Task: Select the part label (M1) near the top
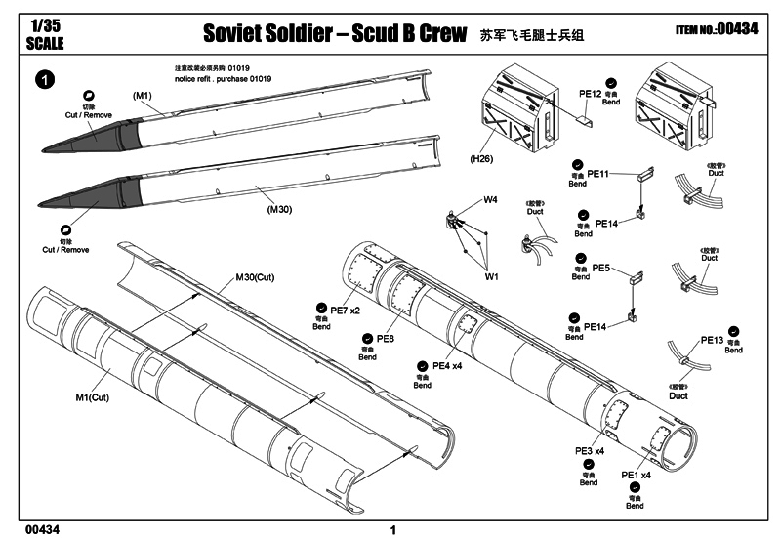(144, 95)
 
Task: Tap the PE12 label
(591, 94)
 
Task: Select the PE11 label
(598, 173)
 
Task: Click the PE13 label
(712, 340)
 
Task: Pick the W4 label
(491, 200)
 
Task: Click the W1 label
(491, 276)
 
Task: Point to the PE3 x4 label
(590, 451)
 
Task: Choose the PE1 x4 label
(637, 475)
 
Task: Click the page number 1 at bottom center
(391, 530)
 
